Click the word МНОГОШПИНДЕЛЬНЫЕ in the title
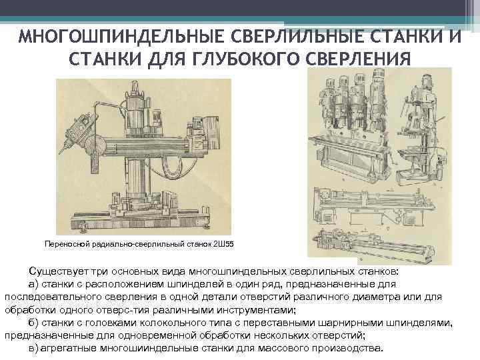(x=122, y=37)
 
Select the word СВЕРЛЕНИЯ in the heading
(x=358, y=59)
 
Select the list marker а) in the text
(x=34, y=285)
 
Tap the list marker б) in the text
(x=34, y=323)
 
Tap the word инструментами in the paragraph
(x=256, y=310)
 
